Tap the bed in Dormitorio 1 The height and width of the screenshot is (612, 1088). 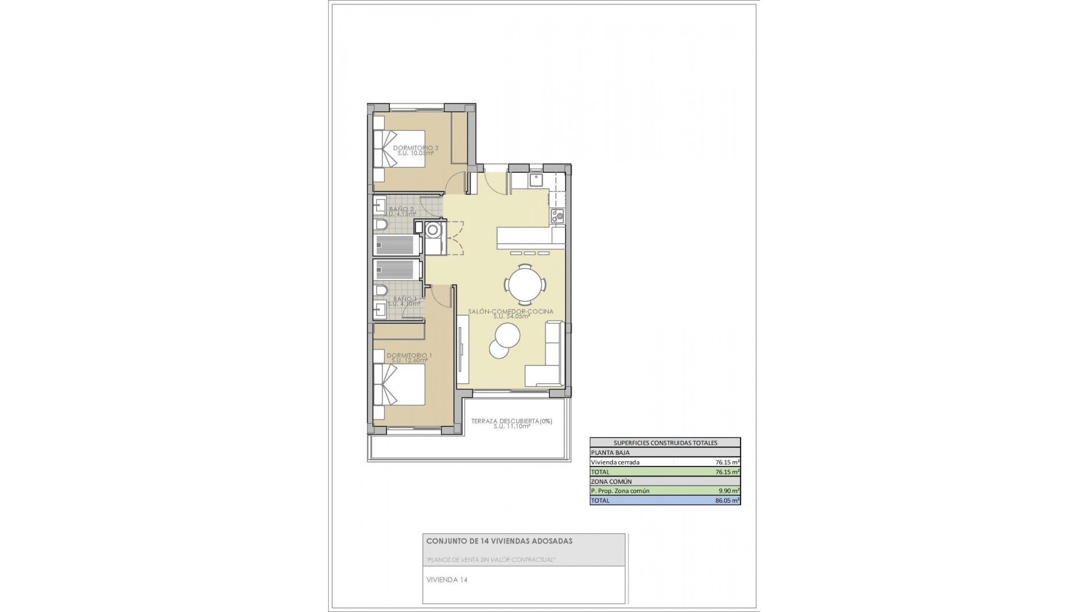(399, 385)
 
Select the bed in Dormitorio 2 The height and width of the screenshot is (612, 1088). (399, 149)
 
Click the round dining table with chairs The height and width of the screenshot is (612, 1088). (525, 283)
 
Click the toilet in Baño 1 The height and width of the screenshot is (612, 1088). (381, 291)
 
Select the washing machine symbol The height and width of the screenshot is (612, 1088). (433, 230)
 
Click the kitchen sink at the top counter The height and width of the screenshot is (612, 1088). (536, 181)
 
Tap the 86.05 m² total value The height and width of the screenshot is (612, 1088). (728, 500)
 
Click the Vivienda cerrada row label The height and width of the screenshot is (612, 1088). (615, 462)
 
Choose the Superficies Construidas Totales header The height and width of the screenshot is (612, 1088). (665, 443)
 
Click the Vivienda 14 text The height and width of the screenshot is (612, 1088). (447, 580)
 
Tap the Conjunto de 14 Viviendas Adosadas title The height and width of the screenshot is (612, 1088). (499, 541)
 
